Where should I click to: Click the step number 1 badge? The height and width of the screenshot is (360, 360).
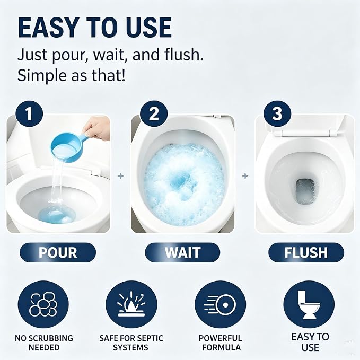pos(29,113)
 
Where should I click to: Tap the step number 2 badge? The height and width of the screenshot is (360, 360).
pos(154,113)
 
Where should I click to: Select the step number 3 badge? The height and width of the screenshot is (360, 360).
pos(277,113)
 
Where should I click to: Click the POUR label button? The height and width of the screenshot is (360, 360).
pos(58,252)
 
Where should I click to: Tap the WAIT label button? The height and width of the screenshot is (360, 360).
pos(182,252)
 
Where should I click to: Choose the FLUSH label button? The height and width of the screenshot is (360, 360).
pos(306,252)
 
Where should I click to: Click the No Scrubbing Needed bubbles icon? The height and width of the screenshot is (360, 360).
pos(43,304)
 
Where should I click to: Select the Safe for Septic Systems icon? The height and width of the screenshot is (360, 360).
pos(131,304)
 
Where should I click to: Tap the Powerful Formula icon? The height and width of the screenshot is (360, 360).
pos(220,304)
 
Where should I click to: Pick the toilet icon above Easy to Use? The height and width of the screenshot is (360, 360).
pos(309,304)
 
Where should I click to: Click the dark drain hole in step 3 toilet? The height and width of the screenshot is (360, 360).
pos(305,191)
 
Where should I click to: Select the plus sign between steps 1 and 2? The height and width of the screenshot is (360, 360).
pos(120,176)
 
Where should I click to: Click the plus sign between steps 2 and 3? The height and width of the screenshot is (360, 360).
pos(245,176)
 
